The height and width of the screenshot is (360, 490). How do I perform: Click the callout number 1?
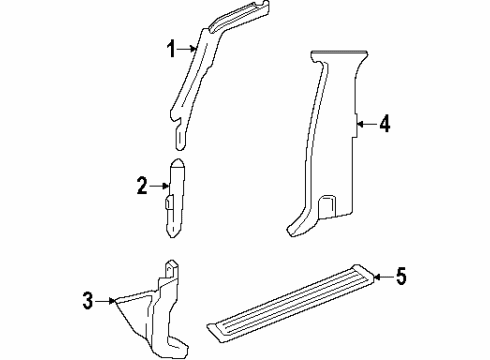(171, 48)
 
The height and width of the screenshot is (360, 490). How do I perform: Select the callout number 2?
(142, 184)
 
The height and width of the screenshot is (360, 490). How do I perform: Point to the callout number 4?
(384, 125)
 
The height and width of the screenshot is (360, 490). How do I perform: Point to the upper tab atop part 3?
(173, 268)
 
